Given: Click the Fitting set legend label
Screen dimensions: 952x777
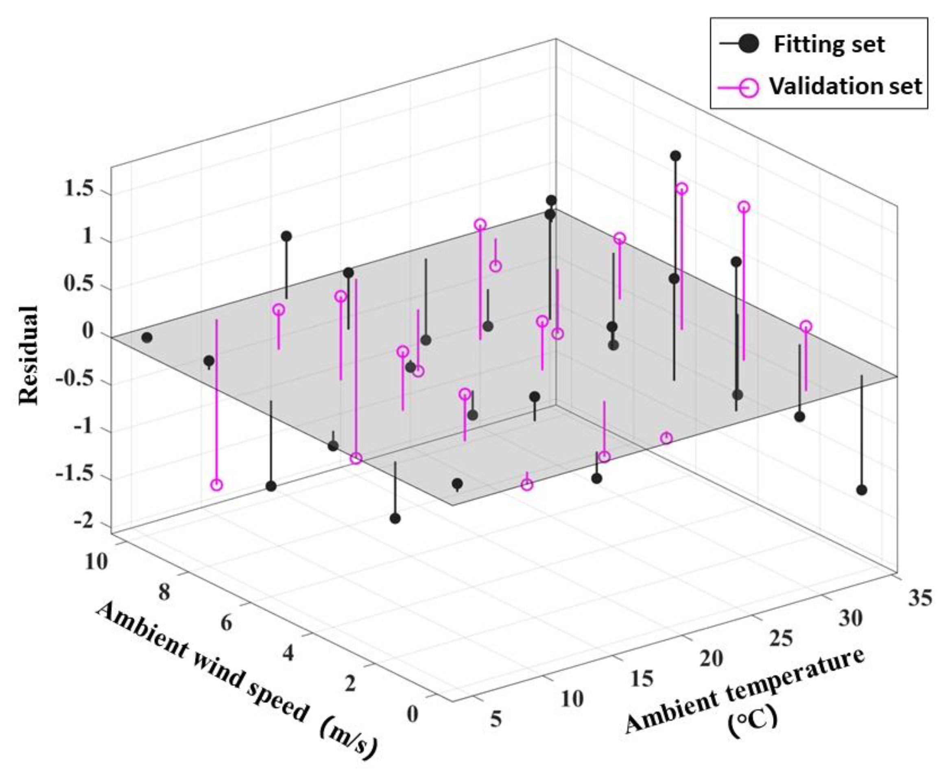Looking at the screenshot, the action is tap(829, 44).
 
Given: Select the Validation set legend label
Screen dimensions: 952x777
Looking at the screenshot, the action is tap(845, 86).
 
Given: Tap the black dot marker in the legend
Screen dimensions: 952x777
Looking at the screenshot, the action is tap(749, 44).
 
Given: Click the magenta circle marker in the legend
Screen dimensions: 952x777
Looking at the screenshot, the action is tap(749, 86).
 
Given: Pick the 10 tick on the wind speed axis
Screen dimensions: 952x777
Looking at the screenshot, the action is tap(96, 562).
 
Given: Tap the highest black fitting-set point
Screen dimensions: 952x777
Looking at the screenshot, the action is tap(675, 156).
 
